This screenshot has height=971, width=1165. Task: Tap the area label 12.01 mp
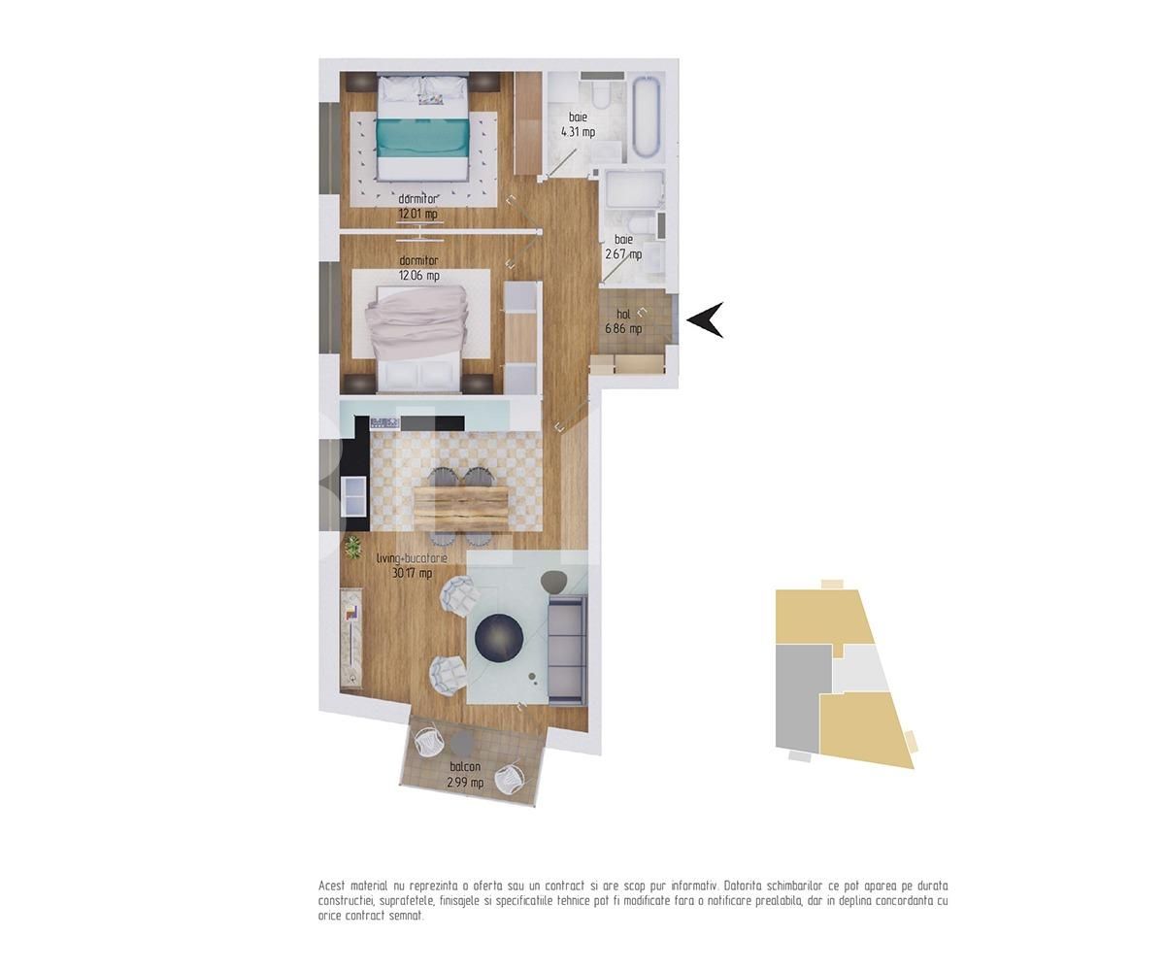[417, 214]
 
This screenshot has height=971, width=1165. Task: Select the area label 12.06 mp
[419, 275]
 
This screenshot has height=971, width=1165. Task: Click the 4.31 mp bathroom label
[578, 132]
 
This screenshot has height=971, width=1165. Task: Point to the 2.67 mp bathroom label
[623, 253]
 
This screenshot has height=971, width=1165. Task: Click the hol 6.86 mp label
[624, 321]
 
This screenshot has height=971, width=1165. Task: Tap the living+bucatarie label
[413, 557]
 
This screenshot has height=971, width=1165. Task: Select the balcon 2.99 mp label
[465, 775]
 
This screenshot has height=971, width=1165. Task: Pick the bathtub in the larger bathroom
[648, 117]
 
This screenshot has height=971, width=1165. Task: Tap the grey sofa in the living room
[567, 649]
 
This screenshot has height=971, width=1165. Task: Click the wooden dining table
[461, 509]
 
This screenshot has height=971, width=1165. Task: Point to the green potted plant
[352, 547]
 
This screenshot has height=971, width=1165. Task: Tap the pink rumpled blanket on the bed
[416, 323]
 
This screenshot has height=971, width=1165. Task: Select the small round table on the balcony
[461, 743]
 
